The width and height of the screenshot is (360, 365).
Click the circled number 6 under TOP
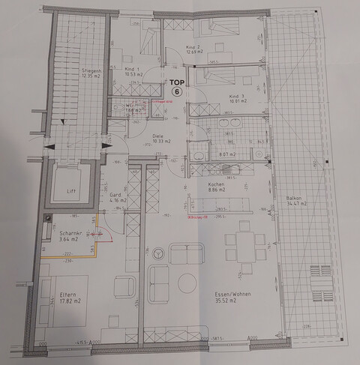coord(178,91)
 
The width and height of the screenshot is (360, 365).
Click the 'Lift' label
coord(72,192)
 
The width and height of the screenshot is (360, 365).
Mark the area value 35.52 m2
coord(223,302)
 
